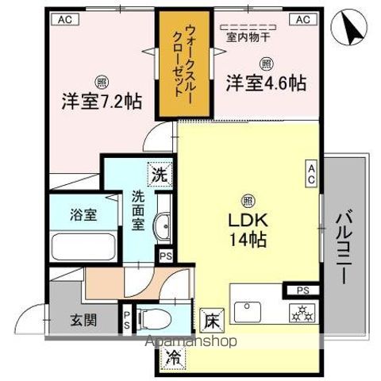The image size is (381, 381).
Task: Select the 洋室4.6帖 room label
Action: pos(266,83)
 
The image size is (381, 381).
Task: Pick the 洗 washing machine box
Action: pos(160,175)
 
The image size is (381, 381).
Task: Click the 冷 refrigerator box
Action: pos(171,358)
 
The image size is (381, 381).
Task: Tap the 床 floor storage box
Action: pos(210,321)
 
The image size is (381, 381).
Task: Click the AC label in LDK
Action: pos(311,172)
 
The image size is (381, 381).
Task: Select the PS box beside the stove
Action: pos(302,290)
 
